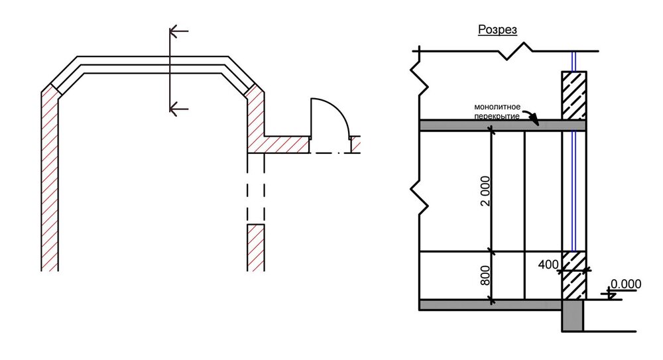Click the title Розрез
[x=497, y=30]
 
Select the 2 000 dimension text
[x=486, y=191]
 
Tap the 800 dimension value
[x=485, y=275]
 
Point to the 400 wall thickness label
[x=548, y=265]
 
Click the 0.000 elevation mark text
[x=626, y=284]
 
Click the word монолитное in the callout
[x=497, y=107]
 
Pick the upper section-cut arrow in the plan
[x=178, y=31]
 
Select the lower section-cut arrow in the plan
[x=178, y=109]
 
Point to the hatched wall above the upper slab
[x=573, y=95]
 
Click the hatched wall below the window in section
[x=573, y=275]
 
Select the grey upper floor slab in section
[x=503, y=125]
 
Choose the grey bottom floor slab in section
[x=491, y=305]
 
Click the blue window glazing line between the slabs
[x=573, y=191]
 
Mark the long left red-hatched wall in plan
[x=50, y=178]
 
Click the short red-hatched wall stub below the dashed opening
[x=256, y=248]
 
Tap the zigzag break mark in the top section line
[x=516, y=51]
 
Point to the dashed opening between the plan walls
[x=256, y=189]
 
